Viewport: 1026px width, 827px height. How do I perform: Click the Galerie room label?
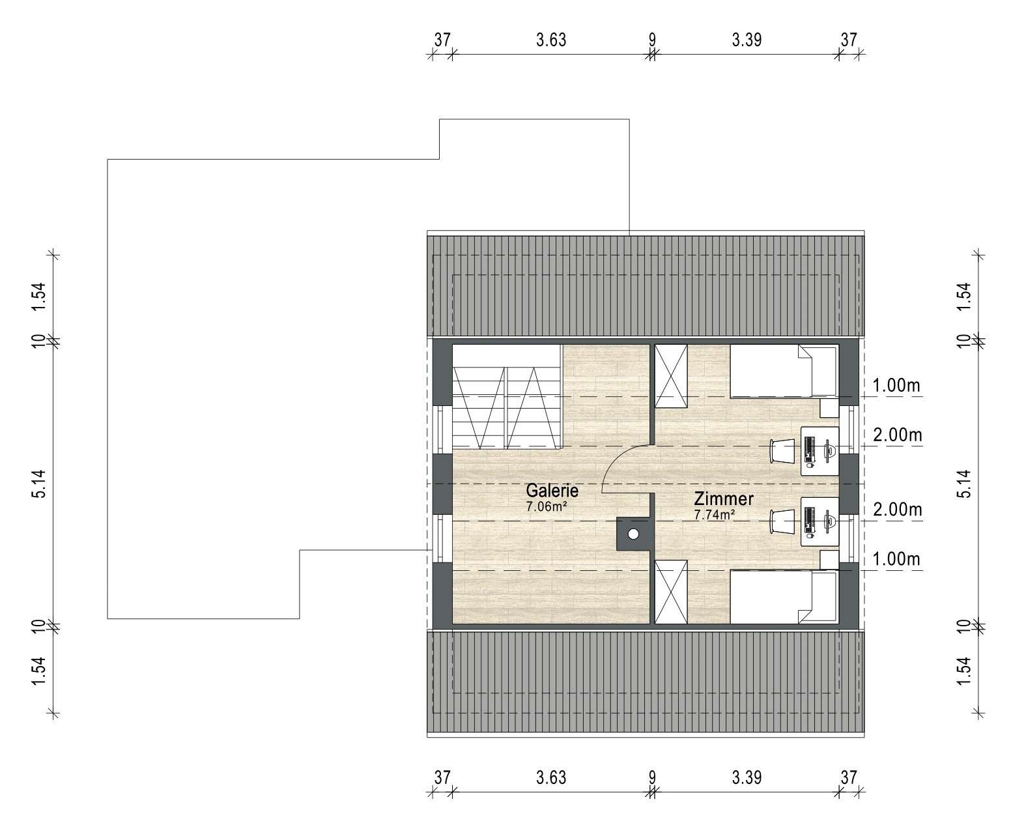(552, 490)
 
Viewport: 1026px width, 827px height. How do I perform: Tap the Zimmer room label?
(723, 499)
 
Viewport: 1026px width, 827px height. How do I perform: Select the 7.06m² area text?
(547, 506)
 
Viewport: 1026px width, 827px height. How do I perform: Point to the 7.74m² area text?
(714, 515)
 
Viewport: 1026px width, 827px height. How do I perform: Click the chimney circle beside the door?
(633, 534)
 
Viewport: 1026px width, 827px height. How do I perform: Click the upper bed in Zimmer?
(784, 371)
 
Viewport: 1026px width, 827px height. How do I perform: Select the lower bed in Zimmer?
(784, 597)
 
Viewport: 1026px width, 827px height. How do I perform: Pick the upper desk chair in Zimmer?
(781, 451)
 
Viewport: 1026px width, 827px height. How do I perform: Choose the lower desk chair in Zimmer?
(781, 521)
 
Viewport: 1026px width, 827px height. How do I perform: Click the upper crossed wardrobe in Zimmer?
(671, 376)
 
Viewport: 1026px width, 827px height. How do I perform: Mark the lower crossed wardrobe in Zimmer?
(671, 592)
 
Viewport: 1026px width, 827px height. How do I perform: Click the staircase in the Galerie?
(507, 396)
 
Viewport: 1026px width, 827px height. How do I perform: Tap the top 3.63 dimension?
(551, 40)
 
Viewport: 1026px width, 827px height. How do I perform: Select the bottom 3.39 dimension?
(747, 778)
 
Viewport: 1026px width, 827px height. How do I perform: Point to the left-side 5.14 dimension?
(40, 484)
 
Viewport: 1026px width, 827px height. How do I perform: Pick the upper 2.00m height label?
(897, 435)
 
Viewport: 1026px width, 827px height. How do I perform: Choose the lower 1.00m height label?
(896, 559)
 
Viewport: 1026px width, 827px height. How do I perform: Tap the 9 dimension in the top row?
(652, 40)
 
